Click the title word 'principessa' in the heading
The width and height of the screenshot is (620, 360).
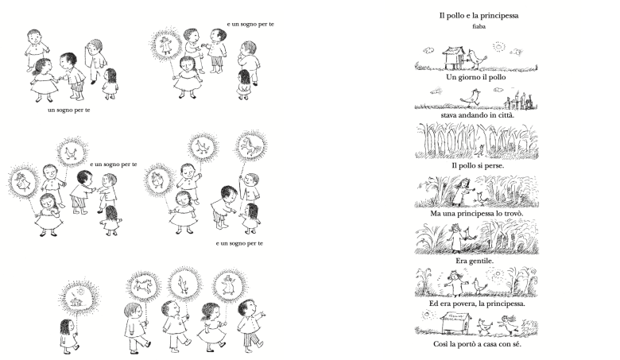click(499, 16)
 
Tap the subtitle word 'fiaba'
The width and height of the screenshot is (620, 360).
click(479, 26)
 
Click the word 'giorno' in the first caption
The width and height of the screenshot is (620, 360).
click(471, 77)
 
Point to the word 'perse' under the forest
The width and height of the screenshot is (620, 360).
click(493, 165)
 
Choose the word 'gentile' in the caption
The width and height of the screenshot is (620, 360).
click(481, 261)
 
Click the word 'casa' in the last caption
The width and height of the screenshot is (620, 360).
click(490, 344)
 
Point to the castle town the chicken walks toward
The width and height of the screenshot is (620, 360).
click(519, 101)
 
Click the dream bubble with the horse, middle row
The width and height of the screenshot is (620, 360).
click(251, 145)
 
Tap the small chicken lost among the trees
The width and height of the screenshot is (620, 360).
click(481, 150)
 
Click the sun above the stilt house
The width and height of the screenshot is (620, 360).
click(499, 47)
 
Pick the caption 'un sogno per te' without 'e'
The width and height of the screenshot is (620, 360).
click(69, 110)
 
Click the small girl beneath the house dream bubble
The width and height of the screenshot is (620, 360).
click(69, 336)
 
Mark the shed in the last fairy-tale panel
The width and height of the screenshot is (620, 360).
click(455, 323)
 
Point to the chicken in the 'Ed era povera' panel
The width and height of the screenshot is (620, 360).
click(480, 286)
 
